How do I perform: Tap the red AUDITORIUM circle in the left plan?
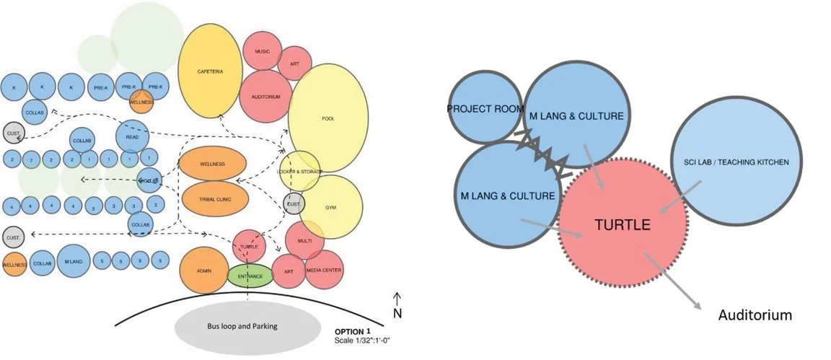click(265, 96)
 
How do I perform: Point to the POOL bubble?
click(328, 118)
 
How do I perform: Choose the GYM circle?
click(331, 207)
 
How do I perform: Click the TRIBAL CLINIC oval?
click(213, 197)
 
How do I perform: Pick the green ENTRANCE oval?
click(249, 276)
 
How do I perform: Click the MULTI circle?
click(304, 240)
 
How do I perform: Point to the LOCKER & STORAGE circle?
click(299, 171)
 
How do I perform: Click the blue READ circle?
click(132, 136)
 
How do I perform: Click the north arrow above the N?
click(397, 298)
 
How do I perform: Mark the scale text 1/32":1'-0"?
click(363, 340)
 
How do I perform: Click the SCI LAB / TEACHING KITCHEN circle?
click(733, 162)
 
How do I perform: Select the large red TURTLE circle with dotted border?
click(623, 224)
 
